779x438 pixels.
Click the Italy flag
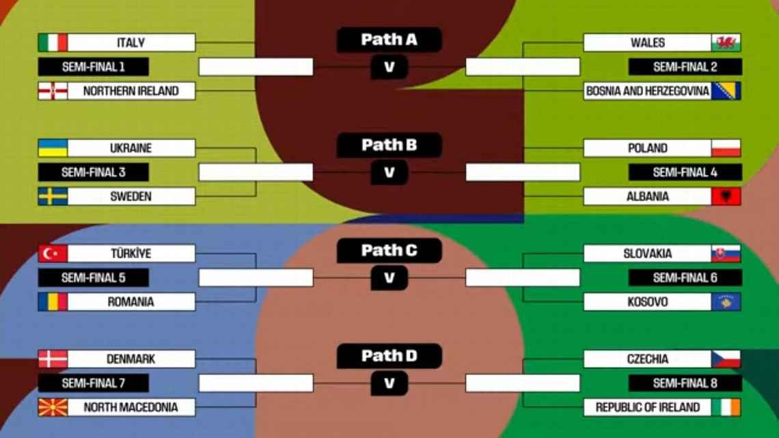pos(53,43)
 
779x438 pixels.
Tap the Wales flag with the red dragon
pos(726,43)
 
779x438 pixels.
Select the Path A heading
pos(389,40)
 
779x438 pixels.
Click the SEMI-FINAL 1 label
pos(94,66)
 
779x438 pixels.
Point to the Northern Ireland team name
pos(131,91)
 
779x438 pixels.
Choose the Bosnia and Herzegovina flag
pos(726,91)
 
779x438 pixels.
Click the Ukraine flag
pos(53,148)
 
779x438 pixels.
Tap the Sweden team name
pos(131,197)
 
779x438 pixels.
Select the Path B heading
pos(389,145)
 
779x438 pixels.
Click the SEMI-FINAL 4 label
pos(685,172)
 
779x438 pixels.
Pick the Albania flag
pos(726,197)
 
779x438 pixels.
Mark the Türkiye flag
pos(53,254)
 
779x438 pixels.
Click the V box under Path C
pos(389,277)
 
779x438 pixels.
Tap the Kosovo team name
pos(647,302)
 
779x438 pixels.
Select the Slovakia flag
pos(726,254)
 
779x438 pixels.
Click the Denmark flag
pos(53,359)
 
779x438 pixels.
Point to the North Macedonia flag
pos(53,407)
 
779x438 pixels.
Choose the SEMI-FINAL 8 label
pos(685,383)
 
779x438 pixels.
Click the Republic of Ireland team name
pos(647,407)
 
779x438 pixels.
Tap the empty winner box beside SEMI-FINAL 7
pos(256,383)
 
